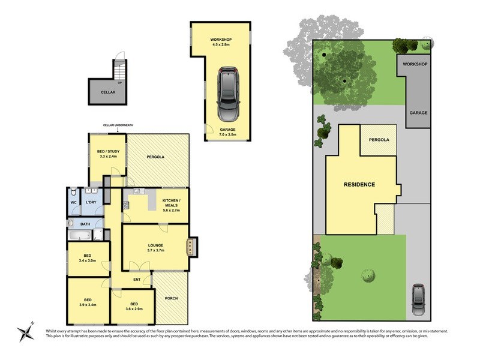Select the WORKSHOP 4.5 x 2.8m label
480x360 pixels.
pyautogui.click(x=221, y=42)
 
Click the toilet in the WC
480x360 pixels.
pyautogui.click(x=73, y=194)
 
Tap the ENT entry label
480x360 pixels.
pyautogui.click(x=137, y=280)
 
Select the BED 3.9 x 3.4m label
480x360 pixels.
pyautogui.click(x=88, y=302)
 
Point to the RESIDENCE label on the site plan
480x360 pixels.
pyautogui.click(x=359, y=184)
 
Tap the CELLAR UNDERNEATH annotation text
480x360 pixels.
pyautogui.click(x=118, y=125)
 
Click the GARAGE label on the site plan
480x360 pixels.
pyautogui.click(x=418, y=112)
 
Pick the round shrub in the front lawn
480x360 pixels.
pyautogui.click(x=368, y=274)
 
